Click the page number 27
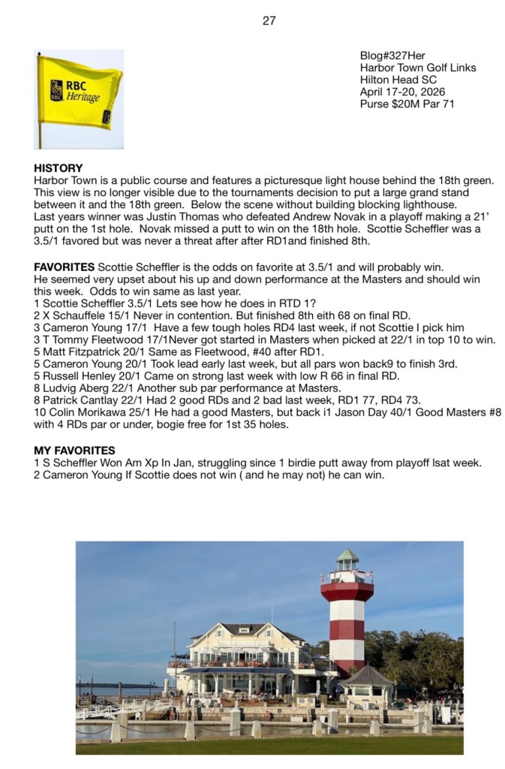[269, 21]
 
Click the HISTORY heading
[59, 169]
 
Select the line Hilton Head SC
[399, 80]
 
